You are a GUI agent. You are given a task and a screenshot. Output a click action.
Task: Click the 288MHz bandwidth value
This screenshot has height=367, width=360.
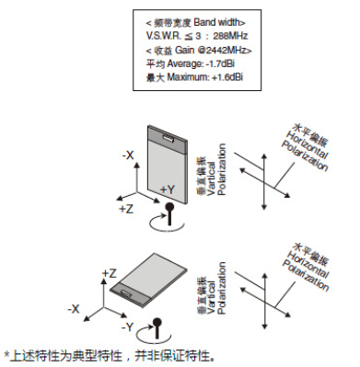230,36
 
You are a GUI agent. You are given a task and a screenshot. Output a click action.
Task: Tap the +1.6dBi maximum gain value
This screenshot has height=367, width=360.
227,77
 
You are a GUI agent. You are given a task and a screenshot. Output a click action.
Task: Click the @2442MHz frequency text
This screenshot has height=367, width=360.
225,50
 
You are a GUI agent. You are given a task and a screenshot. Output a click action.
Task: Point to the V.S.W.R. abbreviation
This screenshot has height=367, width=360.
164,36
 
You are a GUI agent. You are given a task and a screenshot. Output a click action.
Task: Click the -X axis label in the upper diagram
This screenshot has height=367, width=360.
128,155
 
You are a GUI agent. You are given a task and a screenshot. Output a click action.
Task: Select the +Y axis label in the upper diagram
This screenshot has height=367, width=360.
168,189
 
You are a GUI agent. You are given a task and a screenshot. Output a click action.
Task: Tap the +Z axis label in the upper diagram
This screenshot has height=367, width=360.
126,209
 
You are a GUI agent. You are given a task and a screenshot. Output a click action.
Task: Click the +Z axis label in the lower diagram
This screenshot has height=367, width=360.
110,273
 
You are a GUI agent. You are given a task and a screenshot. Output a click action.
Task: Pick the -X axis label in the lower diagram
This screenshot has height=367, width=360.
74,309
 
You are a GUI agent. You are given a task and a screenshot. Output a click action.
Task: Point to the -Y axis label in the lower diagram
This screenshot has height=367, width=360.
127,327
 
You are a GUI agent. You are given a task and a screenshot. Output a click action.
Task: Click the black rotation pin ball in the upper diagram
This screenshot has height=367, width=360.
169,207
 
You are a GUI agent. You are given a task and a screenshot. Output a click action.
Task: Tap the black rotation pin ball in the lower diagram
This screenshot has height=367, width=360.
157,322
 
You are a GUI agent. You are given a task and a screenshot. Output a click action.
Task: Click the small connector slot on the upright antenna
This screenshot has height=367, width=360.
168,138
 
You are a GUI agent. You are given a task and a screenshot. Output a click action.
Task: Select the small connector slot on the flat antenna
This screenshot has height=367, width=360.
126,293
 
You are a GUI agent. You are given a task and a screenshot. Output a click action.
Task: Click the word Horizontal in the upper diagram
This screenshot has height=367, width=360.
306,145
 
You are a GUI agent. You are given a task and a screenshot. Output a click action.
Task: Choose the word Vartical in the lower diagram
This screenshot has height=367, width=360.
212,296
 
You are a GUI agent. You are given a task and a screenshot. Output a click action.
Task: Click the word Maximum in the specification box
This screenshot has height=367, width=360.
188,77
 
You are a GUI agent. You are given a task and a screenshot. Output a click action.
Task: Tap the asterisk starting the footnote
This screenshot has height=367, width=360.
6,353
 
